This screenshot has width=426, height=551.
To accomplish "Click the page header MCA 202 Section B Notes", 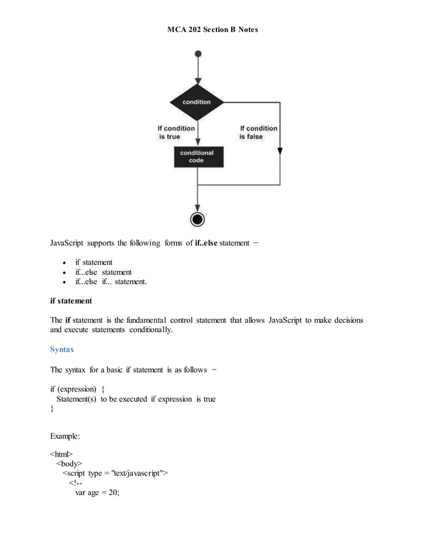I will [212, 30].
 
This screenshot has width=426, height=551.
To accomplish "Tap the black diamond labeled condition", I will [196, 102].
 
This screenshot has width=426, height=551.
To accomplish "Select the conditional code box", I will [196, 157].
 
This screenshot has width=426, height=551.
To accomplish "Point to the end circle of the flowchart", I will [197, 219].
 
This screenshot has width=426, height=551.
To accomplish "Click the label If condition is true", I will [176, 132].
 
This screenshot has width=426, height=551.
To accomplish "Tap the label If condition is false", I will [258, 132].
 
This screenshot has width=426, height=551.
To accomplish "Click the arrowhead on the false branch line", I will [280, 151].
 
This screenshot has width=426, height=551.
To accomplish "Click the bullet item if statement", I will [93, 262].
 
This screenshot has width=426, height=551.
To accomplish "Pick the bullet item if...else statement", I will [103, 272].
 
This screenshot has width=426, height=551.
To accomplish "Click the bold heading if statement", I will [74, 302].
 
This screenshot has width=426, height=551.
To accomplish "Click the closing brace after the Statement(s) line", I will [52, 409].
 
